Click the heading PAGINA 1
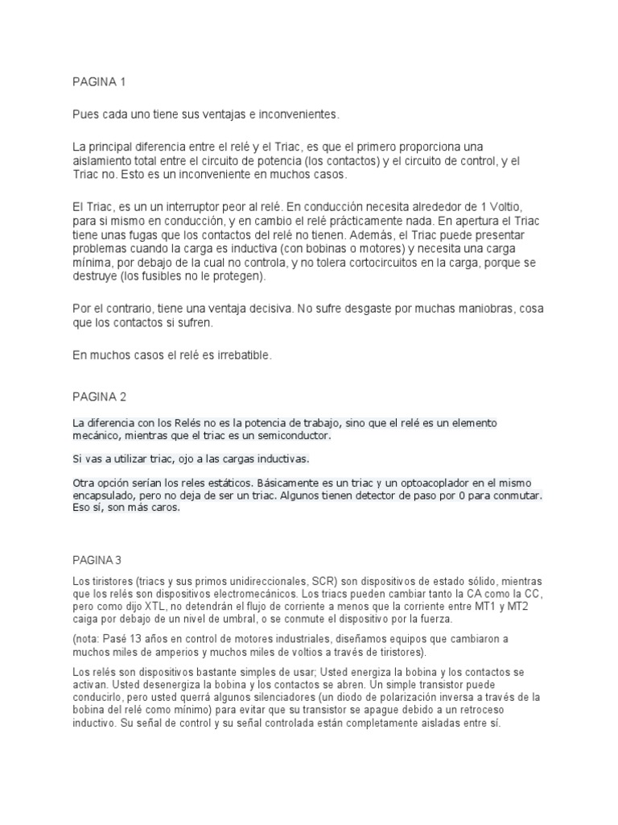[99, 82]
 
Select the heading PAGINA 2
[99, 396]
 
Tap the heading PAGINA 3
[99, 559]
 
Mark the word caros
[168, 508]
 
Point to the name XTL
[158, 605]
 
